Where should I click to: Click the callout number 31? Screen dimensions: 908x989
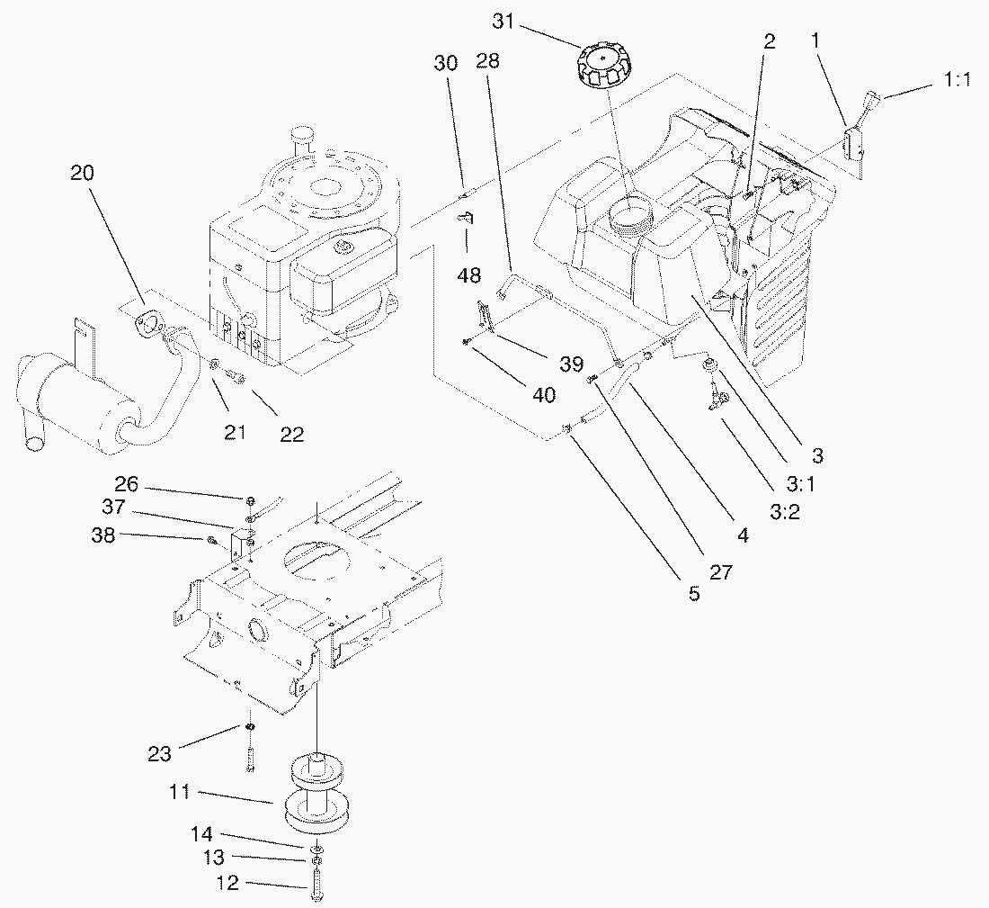click(503, 21)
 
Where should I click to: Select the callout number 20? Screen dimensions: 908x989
click(82, 173)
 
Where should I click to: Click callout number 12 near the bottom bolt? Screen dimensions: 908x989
click(228, 884)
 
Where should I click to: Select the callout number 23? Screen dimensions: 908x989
click(160, 754)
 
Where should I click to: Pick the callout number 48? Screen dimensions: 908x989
click(468, 275)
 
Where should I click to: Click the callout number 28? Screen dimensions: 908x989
click(488, 62)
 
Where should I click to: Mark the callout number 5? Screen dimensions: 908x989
click(693, 595)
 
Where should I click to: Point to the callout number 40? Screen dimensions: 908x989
click(544, 394)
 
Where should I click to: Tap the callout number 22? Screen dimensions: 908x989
click(290, 434)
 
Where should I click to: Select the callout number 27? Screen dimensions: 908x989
click(720, 571)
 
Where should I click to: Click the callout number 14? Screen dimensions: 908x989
click(201, 832)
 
